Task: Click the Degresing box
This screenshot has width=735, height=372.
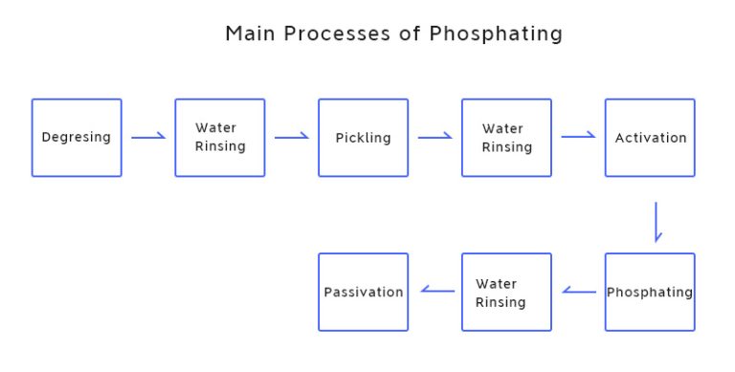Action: pos(77,138)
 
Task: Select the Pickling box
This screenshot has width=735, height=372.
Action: pos(364,138)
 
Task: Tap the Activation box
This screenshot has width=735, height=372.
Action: pos(650,138)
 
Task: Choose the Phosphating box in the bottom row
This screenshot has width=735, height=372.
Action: pos(650,292)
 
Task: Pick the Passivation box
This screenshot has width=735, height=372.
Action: pos(364,292)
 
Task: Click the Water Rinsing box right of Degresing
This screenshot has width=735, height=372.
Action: pos(220,138)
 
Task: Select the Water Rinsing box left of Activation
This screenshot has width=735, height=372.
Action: pos(506,138)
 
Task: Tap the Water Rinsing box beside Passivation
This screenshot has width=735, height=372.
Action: pos(506,292)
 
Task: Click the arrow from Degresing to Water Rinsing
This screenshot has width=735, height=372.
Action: pos(148,138)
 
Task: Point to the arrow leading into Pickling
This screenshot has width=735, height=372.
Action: pos(292,138)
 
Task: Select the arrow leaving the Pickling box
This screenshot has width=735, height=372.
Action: pos(435,138)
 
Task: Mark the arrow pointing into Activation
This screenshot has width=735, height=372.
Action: pos(578,137)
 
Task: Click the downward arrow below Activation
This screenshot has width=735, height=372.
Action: pos(657,221)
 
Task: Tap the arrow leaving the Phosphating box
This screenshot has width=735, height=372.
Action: pos(579,291)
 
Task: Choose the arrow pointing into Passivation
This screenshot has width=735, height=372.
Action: pos(438,291)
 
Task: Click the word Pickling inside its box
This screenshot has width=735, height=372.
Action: pos(364,138)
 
